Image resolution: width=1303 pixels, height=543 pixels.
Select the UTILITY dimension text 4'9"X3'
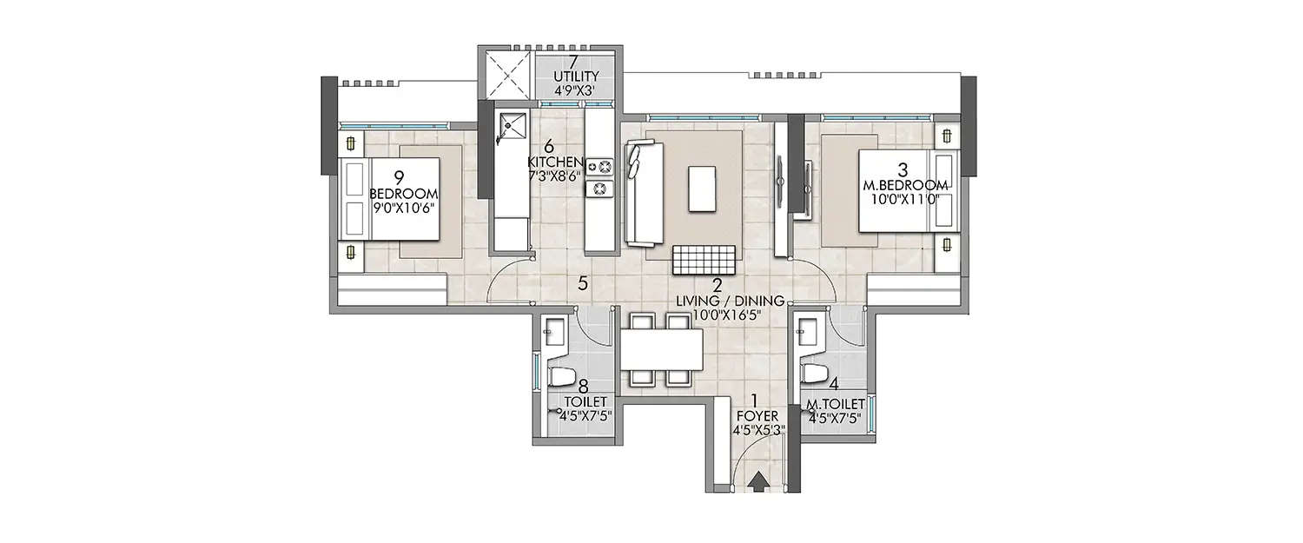click(x=572, y=89)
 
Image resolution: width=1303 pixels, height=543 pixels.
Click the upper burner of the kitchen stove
click(x=599, y=165)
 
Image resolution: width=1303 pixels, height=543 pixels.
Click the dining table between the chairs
click(x=660, y=351)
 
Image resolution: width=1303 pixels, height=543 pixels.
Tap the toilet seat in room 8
click(x=561, y=376)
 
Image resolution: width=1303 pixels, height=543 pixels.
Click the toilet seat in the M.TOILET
click(x=814, y=374)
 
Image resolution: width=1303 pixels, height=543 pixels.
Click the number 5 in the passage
click(x=584, y=282)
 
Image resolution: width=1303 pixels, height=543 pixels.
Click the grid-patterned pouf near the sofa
click(x=706, y=259)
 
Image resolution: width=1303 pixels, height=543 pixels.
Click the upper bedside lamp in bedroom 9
click(x=350, y=143)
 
